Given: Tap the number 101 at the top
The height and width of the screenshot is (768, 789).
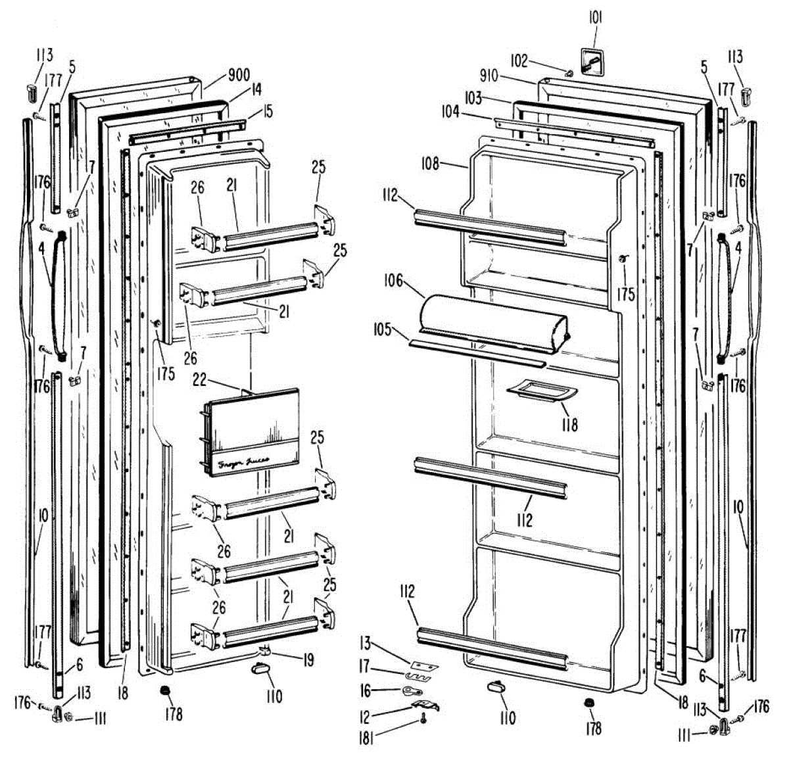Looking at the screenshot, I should [x=594, y=18].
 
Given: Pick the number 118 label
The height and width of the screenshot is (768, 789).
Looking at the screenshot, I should [x=569, y=425].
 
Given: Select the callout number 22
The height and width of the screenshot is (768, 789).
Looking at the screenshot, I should [x=199, y=381].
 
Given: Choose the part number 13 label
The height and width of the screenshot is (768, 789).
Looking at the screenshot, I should [x=366, y=642].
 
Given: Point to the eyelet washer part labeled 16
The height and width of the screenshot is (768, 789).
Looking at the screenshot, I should [x=410, y=690].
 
